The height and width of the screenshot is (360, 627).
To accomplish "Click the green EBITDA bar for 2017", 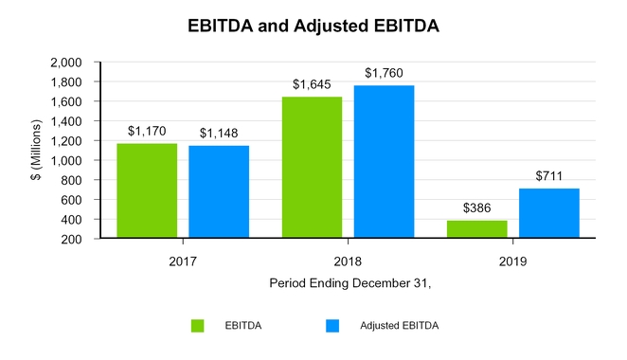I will (147, 191).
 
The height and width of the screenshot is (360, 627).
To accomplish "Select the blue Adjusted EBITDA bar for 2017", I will (219, 192).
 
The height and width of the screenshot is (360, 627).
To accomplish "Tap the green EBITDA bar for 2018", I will (312, 168).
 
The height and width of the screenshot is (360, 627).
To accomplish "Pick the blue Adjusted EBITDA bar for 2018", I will (384, 162).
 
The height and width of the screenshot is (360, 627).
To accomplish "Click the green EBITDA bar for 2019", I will (477, 229).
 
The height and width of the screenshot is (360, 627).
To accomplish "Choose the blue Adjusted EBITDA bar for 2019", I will (549, 213).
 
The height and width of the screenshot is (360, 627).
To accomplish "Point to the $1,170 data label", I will (147, 132).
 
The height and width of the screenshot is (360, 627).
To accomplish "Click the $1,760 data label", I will (384, 73).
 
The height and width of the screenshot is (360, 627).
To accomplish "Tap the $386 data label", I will (477, 208).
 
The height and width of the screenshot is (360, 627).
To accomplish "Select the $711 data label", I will (549, 176).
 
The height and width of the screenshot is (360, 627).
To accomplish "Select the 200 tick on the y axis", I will (71, 239).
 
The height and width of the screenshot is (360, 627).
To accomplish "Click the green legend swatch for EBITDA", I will (197, 326).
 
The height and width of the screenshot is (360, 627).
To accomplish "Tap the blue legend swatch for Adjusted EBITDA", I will (331, 326).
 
